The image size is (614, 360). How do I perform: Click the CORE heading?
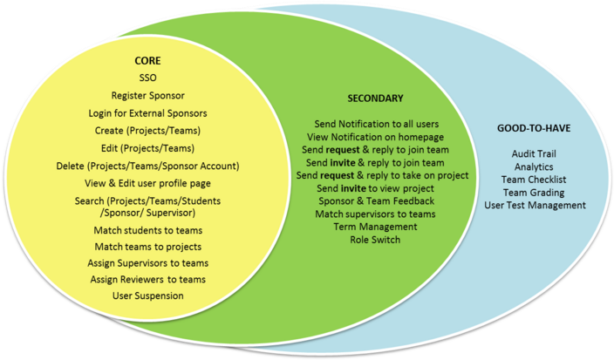147,63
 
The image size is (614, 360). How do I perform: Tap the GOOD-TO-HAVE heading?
533,127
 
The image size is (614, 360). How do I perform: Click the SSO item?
147,78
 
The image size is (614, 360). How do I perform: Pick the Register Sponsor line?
147,95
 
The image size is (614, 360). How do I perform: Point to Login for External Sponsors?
147,113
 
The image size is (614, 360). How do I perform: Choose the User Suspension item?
147,295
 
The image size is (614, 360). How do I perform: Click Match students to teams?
147,230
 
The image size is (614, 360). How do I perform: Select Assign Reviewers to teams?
147,279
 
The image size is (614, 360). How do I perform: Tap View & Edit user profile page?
147,183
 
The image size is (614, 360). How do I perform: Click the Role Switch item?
375,239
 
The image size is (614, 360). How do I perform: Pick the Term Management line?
375,227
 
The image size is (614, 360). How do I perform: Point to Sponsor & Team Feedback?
375,200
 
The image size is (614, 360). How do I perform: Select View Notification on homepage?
375,137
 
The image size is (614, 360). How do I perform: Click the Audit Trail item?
534,154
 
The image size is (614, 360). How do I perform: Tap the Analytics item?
534,166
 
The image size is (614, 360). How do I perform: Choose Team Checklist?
534,180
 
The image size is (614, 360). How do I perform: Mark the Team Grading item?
534,192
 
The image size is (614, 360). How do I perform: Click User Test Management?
535,205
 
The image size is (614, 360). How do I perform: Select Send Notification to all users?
375,124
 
